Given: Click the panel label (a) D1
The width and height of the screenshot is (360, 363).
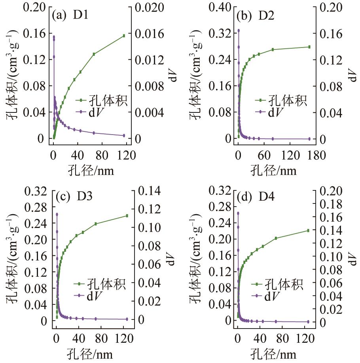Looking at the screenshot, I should tap(70, 16).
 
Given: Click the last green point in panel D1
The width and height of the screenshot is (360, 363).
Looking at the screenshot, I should tap(124, 36).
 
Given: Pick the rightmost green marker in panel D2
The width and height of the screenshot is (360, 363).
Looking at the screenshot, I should tap(309, 47).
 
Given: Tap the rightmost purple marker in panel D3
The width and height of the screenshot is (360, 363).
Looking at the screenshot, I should tap(127, 319).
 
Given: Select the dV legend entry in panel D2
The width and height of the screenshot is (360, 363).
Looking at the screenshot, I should tap(277, 112).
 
